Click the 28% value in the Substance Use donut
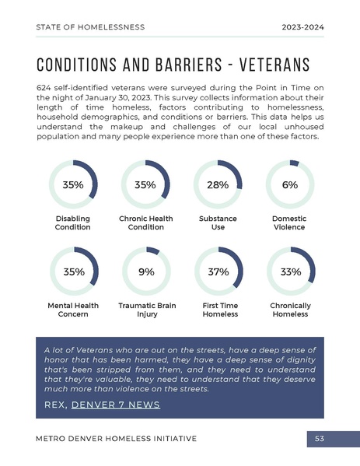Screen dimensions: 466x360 click(x=218, y=185)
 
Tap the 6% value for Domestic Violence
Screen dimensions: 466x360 click(x=289, y=185)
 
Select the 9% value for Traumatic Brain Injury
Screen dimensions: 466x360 click(x=145, y=272)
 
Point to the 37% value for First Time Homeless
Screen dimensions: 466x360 click(x=218, y=272)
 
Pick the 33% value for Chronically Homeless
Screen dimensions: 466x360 click(x=289, y=272)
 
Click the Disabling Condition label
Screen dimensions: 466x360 click(x=72, y=223)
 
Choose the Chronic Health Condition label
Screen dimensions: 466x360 click(x=145, y=223)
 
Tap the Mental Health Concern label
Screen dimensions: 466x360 click(x=72, y=310)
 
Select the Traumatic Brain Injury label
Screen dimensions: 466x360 click(x=145, y=310)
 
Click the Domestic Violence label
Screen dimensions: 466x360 click(x=289, y=223)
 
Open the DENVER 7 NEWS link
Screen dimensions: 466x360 click(x=115, y=405)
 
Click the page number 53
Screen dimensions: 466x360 click(x=320, y=440)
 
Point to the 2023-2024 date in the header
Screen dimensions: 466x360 click(x=302, y=27)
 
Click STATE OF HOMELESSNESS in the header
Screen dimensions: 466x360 click(x=90, y=27)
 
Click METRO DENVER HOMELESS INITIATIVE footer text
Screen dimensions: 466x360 click(x=116, y=440)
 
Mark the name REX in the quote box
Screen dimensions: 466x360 click(x=55, y=405)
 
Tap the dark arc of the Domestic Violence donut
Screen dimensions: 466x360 click(x=294, y=163)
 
